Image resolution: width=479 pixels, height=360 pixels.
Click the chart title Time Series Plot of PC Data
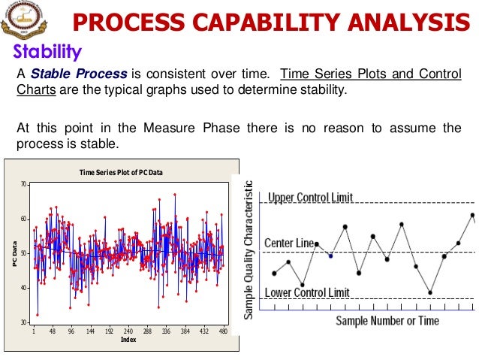(121, 173)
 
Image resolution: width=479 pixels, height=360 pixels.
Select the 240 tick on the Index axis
(128, 331)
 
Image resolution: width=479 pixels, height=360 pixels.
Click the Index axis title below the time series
(128, 340)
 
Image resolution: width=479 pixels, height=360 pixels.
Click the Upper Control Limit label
(310, 198)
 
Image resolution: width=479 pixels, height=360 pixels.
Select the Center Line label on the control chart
(289, 244)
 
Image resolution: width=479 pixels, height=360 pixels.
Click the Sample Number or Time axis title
(387, 321)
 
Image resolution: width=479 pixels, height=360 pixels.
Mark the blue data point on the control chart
(330, 256)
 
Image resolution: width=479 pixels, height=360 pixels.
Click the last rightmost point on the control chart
(472, 215)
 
